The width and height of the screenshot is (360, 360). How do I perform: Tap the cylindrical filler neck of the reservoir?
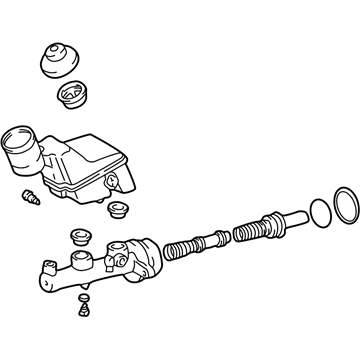[19, 150]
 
